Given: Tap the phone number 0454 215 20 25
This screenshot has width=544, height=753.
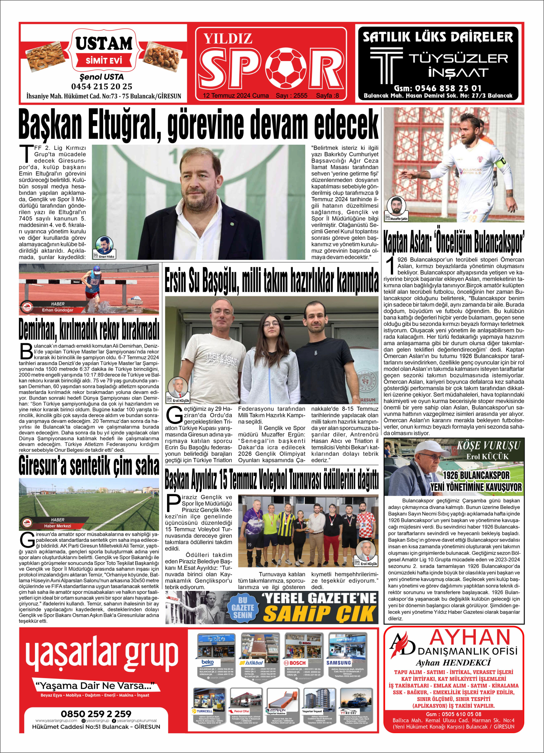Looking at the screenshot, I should [102, 86].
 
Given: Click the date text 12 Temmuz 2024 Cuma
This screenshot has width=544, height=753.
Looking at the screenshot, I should [236, 96].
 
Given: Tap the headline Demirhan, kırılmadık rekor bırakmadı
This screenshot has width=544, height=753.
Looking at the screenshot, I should [89, 329].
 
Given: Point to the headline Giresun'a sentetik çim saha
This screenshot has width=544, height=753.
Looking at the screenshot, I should [89, 466].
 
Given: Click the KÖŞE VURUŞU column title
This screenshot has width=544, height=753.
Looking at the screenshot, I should [488, 446].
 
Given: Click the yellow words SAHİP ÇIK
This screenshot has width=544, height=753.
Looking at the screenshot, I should [319, 613].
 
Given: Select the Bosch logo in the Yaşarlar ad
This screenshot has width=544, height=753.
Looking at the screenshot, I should [295, 663].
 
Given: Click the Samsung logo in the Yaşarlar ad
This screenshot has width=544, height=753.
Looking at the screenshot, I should [338, 663].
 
